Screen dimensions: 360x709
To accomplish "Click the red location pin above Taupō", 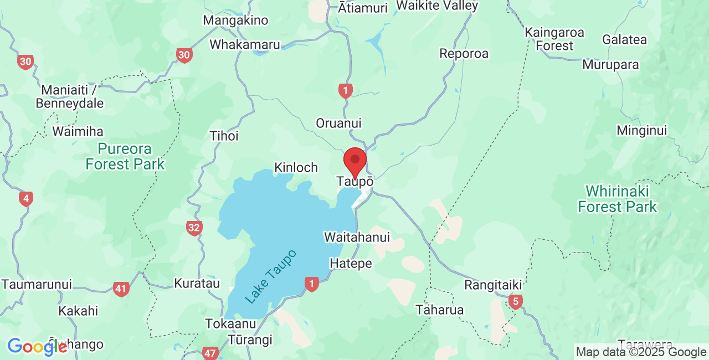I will pyautogui.click(x=355, y=161).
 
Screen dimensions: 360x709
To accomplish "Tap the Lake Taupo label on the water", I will pyautogui.click(x=271, y=276).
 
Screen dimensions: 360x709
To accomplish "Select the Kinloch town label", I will pyautogui.click(x=296, y=167).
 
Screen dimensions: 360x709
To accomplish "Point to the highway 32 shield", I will pyautogui.click(x=194, y=228).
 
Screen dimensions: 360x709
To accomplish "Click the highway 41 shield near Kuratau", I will pyautogui.click(x=121, y=289).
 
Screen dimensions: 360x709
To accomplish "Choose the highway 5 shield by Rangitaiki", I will pyautogui.click(x=516, y=302).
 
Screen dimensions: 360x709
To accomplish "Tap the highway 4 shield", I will pyautogui.click(x=25, y=199).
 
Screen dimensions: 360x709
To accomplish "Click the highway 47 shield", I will pyautogui.click(x=210, y=353).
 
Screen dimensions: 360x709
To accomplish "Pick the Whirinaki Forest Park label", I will pyautogui.click(x=618, y=199).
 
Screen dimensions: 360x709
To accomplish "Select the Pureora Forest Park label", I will pyautogui.click(x=125, y=156).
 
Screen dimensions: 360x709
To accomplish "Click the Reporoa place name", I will pyautogui.click(x=464, y=54).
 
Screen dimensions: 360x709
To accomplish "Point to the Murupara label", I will pyautogui.click(x=610, y=65).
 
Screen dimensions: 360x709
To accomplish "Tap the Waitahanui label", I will pyautogui.click(x=357, y=238).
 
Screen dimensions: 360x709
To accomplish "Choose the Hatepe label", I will pyautogui.click(x=351, y=264).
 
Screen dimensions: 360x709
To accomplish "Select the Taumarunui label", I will pyautogui.click(x=37, y=285).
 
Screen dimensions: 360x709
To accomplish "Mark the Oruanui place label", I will pyautogui.click(x=338, y=123).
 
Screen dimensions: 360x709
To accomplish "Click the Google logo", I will pyautogui.click(x=37, y=347).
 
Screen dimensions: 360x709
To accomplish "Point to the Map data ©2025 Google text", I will pyautogui.click(x=641, y=352).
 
